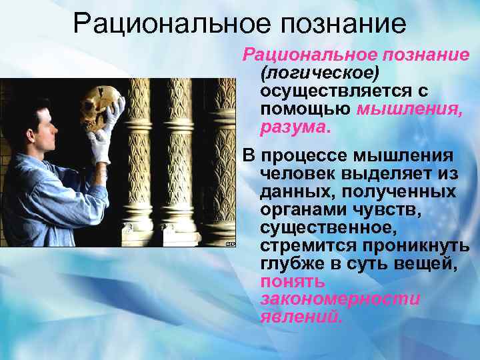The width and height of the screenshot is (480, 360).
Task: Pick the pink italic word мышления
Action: (x=409, y=108)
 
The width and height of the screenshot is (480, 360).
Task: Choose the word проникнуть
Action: (x=413, y=246)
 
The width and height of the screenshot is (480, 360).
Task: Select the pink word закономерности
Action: (x=340, y=300)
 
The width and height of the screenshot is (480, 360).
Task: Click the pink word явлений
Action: (x=301, y=318)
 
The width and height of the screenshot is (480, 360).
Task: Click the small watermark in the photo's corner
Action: (x=230, y=243)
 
